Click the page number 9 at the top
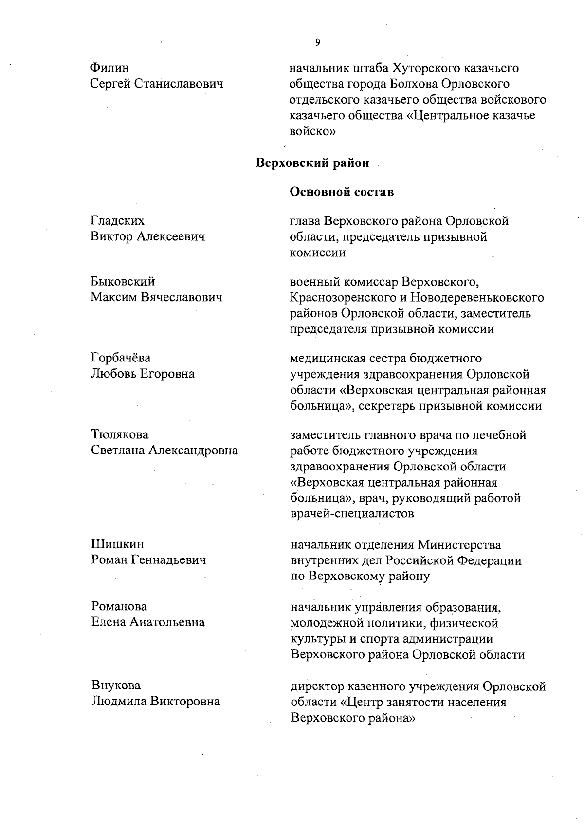[x=318, y=43]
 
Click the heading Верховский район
[x=312, y=163]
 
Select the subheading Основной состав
[x=342, y=192]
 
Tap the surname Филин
[x=109, y=68]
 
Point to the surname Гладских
[x=117, y=221]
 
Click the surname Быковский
[x=123, y=281]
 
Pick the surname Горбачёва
[x=121, y=358]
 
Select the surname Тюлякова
[x=120, y=434]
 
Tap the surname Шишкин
[x=117, y=544]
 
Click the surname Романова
[x=119, y=606]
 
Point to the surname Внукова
[x=116, y=686]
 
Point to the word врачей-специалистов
[x=352, y=514]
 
